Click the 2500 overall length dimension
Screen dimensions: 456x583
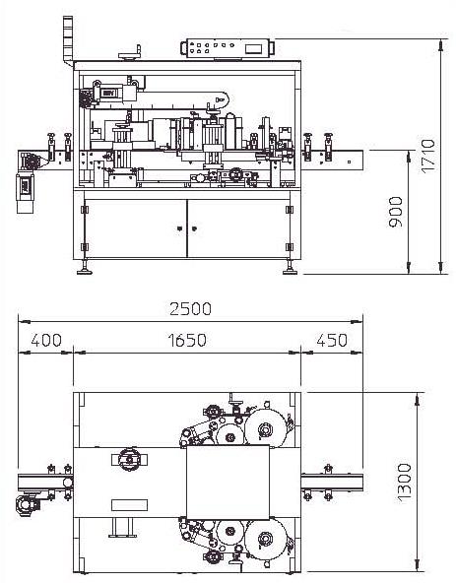coord(190,308)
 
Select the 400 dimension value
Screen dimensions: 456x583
coord(46,340)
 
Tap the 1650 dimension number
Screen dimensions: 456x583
coord(187,340)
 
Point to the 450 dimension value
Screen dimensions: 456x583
coord(332,340)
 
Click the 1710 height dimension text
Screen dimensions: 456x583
coord(427,156)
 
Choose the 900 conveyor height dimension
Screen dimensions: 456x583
coord(395,212)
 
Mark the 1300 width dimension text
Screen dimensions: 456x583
coord(405,483)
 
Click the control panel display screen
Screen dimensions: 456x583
coord(256,48)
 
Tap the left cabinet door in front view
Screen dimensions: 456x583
coord(136,228)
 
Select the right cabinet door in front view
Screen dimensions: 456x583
coord(238,228)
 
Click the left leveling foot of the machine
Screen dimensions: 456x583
coord(85,268)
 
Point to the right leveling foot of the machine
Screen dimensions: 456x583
coord(291,268)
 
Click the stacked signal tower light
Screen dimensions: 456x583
coord(68,41)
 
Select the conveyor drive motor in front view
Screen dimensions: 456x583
coord(26,193)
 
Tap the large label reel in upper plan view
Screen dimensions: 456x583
coord(265,428)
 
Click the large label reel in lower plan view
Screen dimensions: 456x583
coord(265,538)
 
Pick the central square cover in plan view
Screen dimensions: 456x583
coord(228,483)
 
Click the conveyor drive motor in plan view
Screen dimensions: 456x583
coord(27,504)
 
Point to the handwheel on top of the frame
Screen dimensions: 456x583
coord(130,54)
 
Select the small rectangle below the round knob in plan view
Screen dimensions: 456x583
coord(129,505)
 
